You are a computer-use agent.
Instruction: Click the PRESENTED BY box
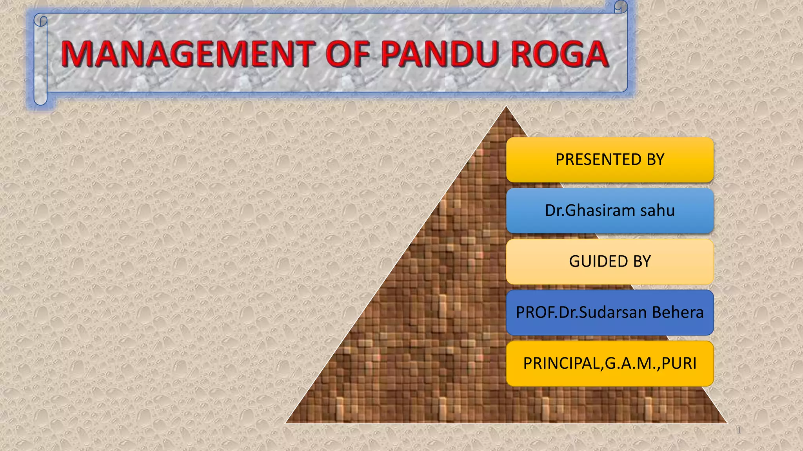pos(610,160)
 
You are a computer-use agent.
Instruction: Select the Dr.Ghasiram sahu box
pos(610,211)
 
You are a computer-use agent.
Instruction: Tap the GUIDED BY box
pos(610,262)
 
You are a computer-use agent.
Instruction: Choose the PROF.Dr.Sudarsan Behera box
pos(610,312)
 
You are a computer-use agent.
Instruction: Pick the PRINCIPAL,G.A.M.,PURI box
pos(610,363)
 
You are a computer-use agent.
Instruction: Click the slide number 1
pos(739,431)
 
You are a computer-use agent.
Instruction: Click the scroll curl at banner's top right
pos(621,7)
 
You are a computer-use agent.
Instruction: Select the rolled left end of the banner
pos(40,61)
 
